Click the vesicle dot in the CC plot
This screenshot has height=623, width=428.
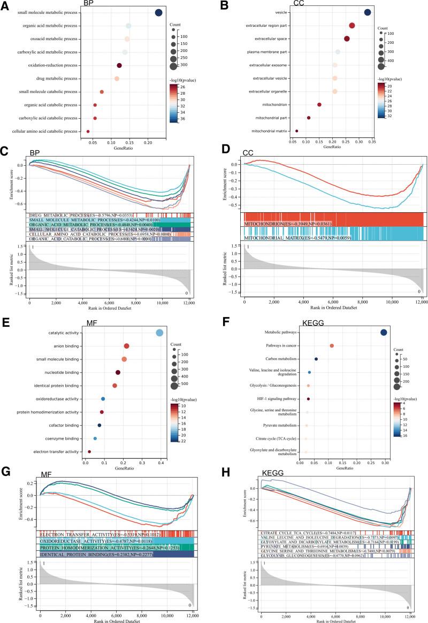pos(368,12)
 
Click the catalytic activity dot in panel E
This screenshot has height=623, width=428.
pos(159,333)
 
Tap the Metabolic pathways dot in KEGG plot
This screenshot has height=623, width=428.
pos(384,333)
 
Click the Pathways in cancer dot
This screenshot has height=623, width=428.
pos(332,346)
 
